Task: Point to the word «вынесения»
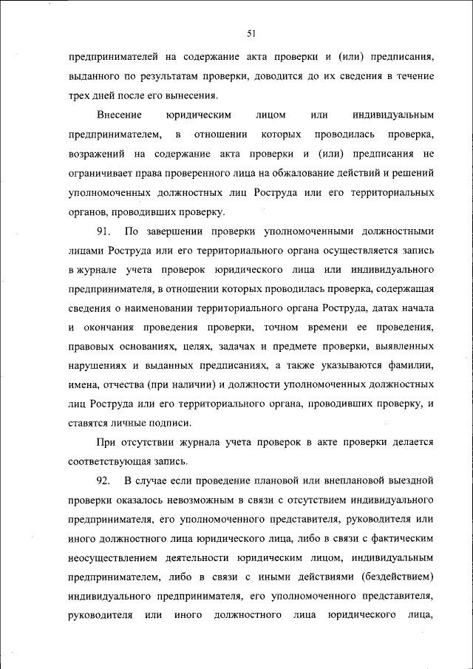click(x=193, y=95)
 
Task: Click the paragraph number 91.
click(x=103, y=231)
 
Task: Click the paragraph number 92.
click(x=103, y=480)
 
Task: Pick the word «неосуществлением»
click(x=112, y=557)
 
